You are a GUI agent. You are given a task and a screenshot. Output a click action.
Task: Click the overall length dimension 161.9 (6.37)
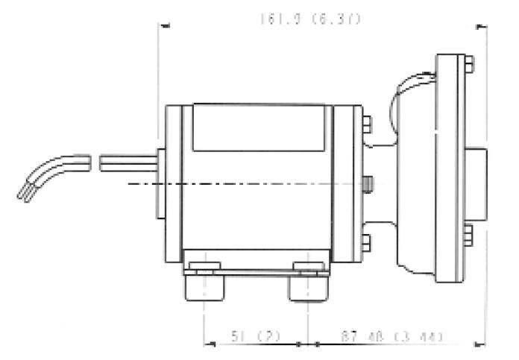(310, 19)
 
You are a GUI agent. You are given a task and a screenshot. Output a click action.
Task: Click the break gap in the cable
(95, 160)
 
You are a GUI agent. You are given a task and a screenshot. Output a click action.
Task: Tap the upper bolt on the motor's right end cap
(366, 123)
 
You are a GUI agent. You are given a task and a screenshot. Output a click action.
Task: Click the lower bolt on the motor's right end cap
(366, 241)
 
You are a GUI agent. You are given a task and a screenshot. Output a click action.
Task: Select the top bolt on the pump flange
(468, 65)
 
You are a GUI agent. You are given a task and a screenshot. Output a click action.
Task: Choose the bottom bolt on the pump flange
(468, 236)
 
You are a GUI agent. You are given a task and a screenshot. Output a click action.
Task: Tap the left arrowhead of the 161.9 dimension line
(165, 26)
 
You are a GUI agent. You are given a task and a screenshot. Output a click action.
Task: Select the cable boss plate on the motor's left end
(160, 183)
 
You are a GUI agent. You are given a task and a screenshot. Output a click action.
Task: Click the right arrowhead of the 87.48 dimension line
(481, 344)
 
